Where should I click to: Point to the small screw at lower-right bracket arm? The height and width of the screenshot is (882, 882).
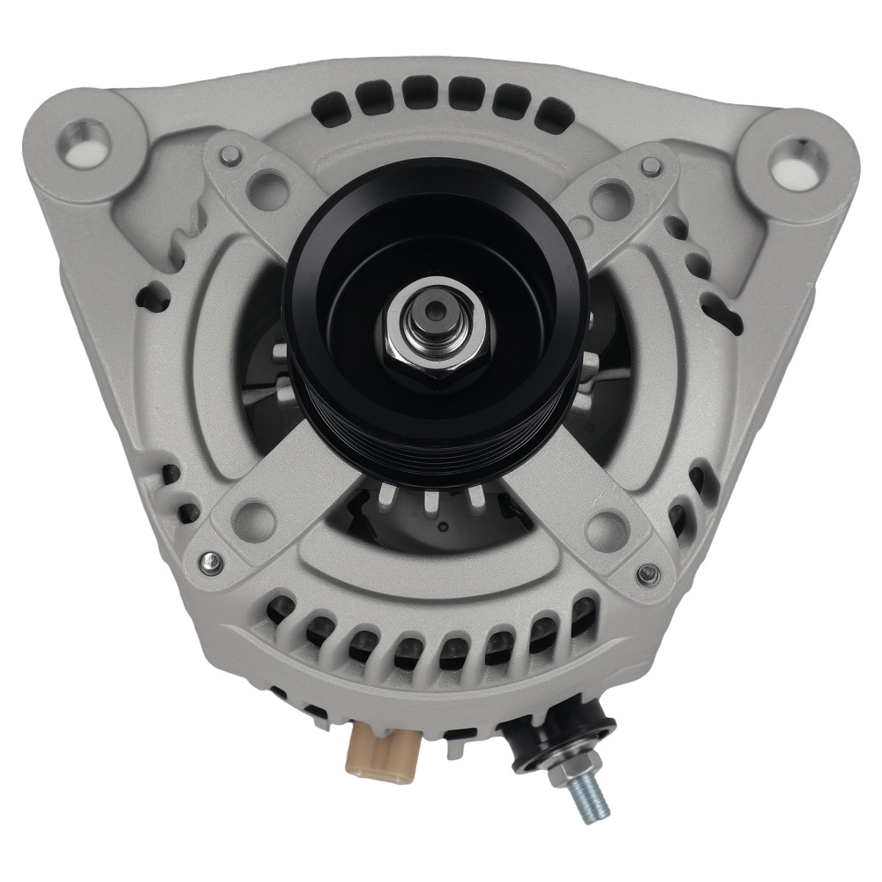tap(639, 578)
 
